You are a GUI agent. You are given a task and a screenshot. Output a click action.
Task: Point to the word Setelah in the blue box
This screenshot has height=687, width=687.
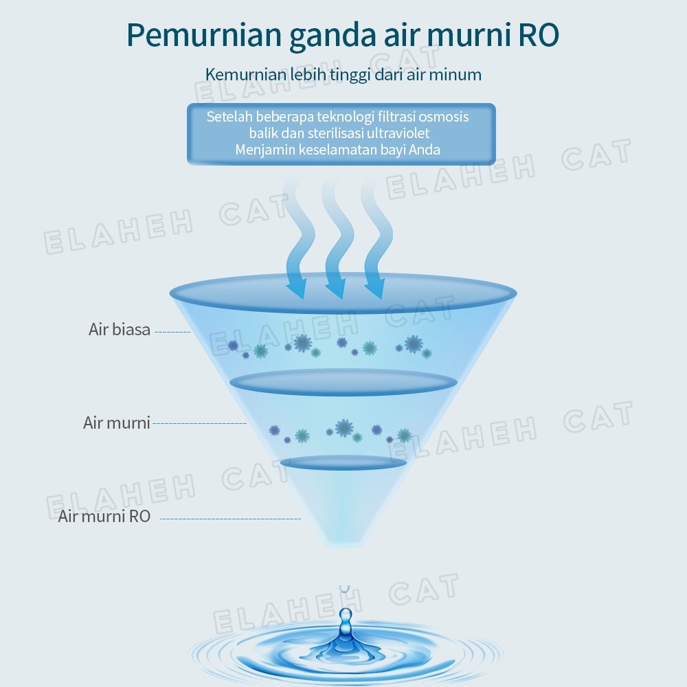point(232,117)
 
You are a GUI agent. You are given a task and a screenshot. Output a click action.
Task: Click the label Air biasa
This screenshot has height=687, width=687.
point(120,329)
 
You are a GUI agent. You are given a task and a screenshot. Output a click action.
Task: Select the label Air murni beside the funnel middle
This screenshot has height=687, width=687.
point(117,422)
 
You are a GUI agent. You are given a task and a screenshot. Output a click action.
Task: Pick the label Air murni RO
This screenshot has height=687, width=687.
point(104,516)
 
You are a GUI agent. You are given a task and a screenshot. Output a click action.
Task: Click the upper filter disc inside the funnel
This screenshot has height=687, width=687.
point(343,383)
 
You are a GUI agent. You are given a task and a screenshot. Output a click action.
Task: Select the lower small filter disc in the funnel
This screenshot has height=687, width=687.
point(343,462)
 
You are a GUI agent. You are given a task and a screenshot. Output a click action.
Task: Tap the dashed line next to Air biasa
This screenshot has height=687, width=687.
point(172,331)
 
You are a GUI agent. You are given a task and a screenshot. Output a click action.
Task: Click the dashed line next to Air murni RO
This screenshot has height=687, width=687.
point(230,518)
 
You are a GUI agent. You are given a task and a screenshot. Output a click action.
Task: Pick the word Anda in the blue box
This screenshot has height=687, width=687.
point(425,149)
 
